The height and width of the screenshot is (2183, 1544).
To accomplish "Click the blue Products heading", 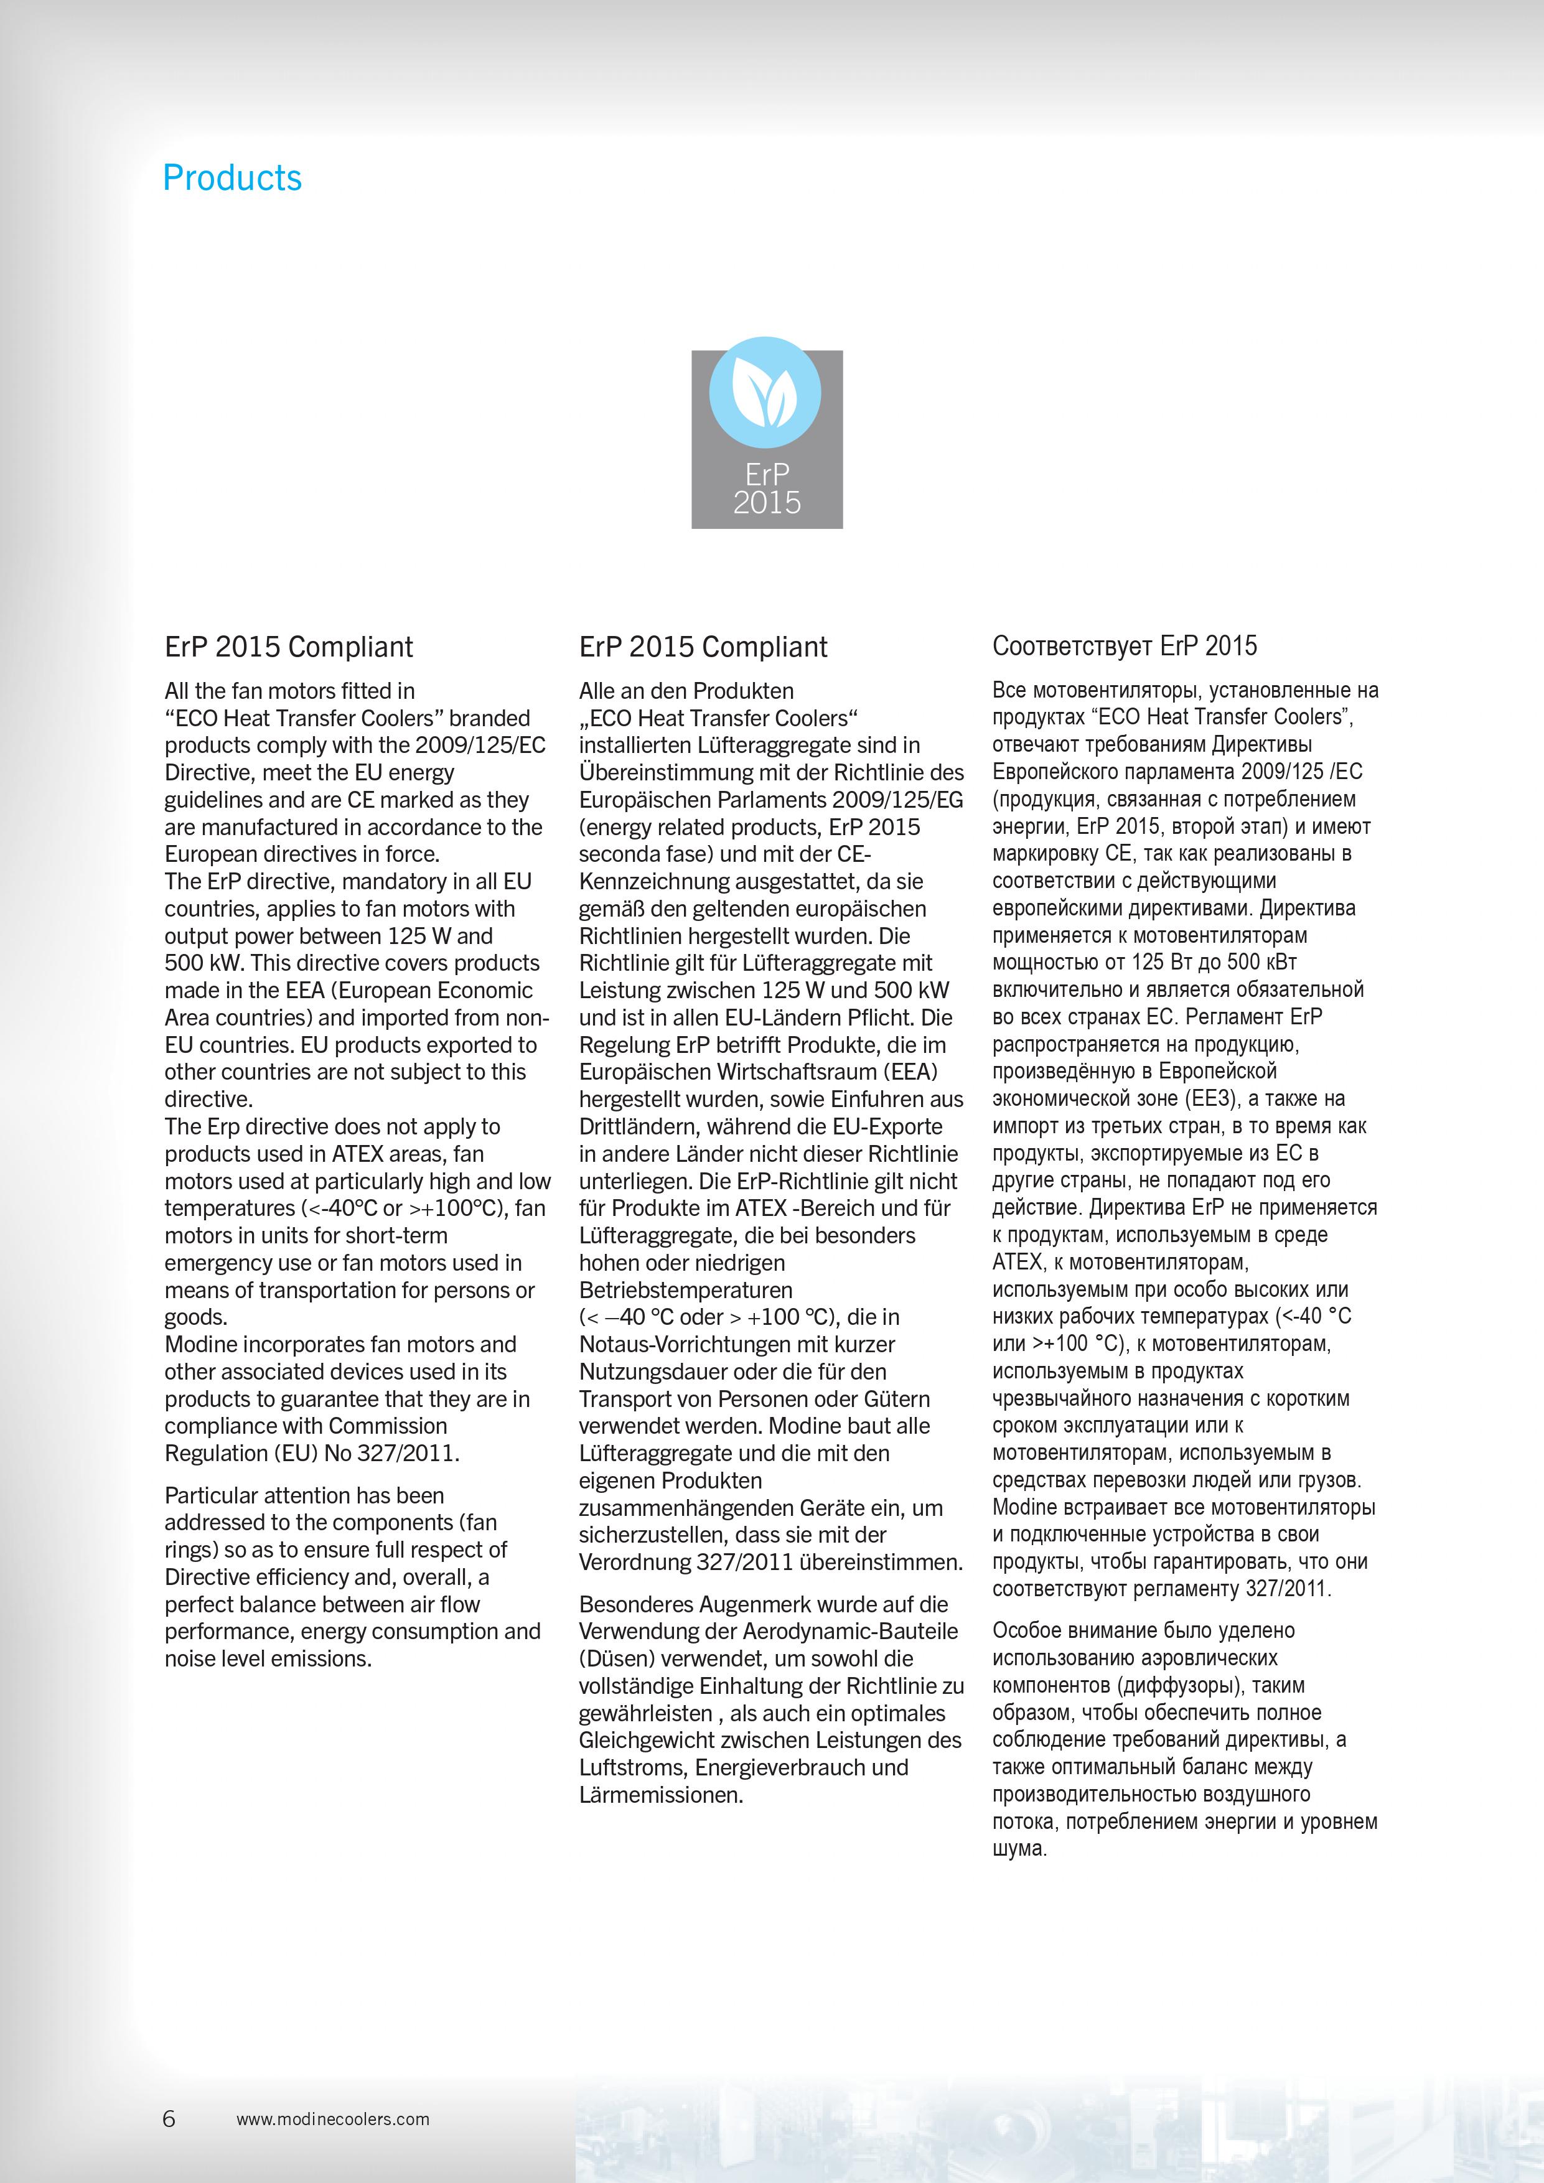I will [x=232, y=178].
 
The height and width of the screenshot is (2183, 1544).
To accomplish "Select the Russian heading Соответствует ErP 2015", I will [x=1125, y=647].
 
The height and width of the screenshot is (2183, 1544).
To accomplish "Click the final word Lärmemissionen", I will [x=661, y=1795].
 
